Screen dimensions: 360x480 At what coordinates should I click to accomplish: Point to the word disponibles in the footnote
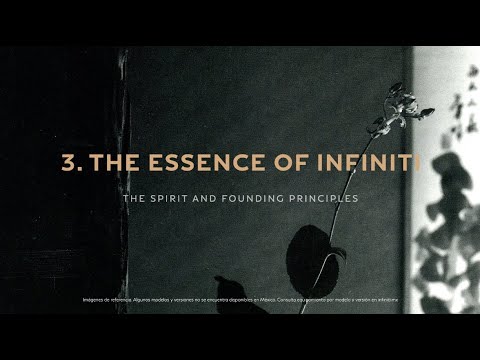tap(232, 299)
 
